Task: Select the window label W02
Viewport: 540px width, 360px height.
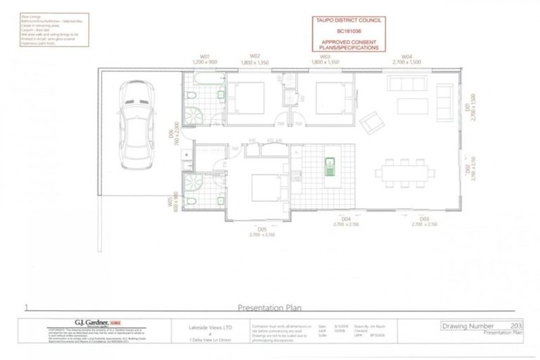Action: point(255,56)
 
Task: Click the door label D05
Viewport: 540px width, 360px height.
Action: point(262,229)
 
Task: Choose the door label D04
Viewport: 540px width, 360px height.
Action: point(345,220)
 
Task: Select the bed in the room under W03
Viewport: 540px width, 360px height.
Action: point(330,96)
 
